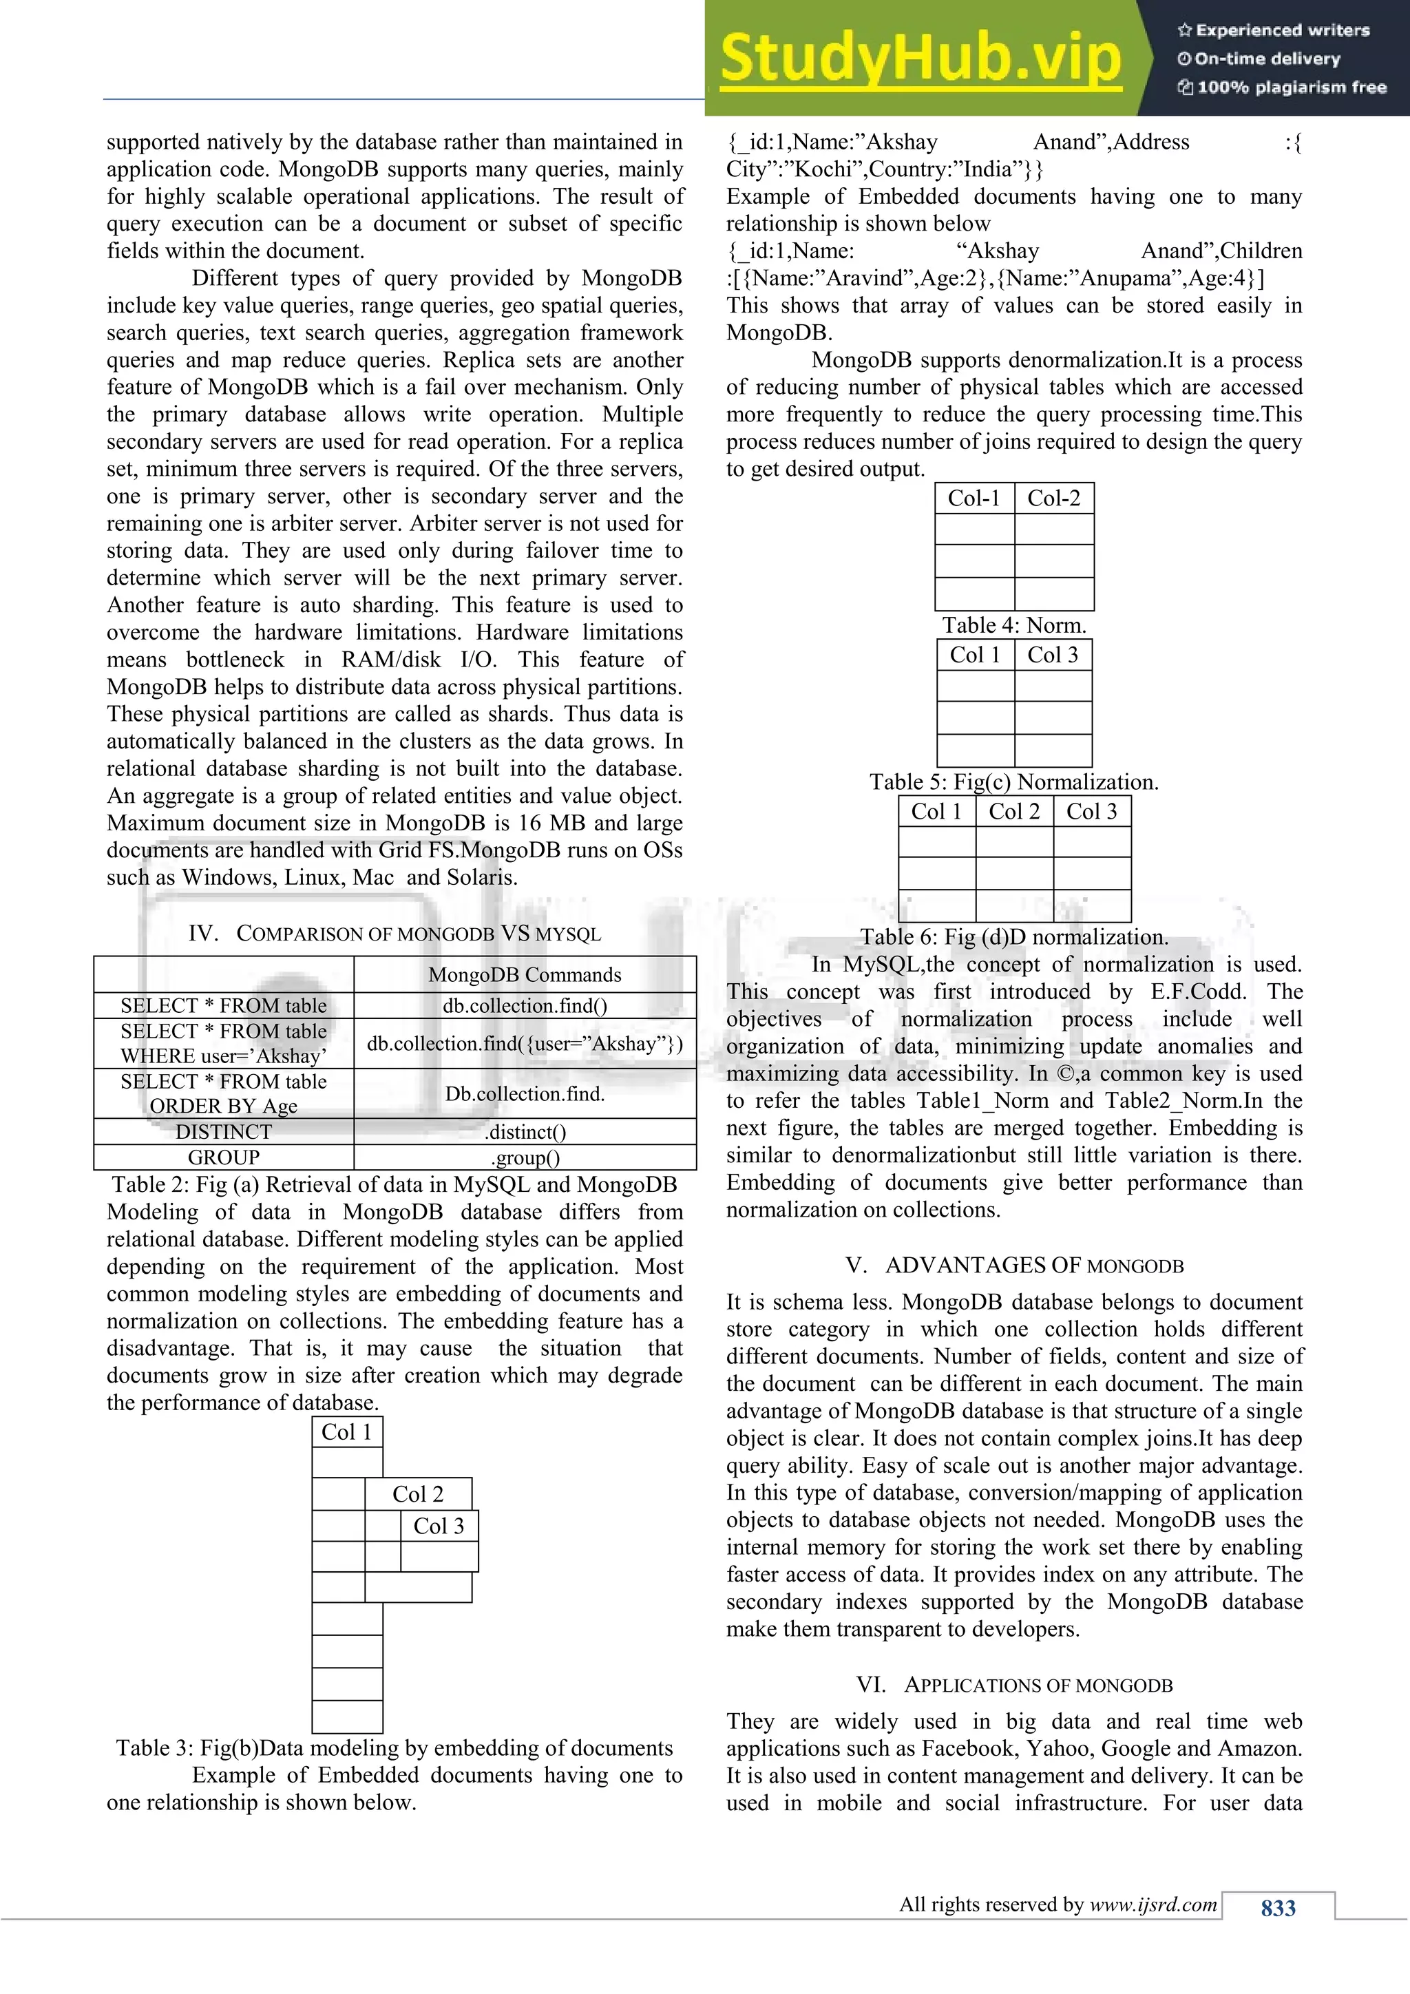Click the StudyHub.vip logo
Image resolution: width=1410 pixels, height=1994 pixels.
pyautogui.click(x=920, y=59)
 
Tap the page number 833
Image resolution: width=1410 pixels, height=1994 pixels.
pyautogui.click(x=1277, y=1907)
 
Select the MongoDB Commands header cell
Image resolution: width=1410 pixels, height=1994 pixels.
pyautogui.click(x=525, y=974)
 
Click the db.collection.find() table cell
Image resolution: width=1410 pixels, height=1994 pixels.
pyautogui.click(x=525, y=1006)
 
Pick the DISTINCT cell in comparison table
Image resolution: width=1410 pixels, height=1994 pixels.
pyautogui.click(x=223, y=1132)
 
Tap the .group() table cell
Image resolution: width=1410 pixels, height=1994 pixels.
pyautogui.click(x=525, y=1157)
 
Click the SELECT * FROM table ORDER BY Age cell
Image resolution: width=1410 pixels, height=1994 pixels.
pyautogui.click(x=223, y=1093)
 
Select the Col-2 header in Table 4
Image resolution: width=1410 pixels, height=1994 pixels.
pyautogui.click(x=1053, y=498)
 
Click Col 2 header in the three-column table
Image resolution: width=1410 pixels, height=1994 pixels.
pyautogui.click(x=1013, y=811)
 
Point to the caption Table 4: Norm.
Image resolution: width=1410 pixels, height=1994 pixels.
pyautogui.click(x=1014, y=625)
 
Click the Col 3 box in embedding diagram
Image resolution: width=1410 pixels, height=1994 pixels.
pyautogui.click(x=439, y=1526)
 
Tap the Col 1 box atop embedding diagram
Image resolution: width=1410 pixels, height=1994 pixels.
pyautogui.click(x=346, y=1432)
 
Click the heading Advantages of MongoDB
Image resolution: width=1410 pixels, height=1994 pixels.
pyautogui.click(x=1014, y=1266)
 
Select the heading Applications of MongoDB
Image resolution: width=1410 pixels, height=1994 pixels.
pyautogui.click(x=1014, y=1685)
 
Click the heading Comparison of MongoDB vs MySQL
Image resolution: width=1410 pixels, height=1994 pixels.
pyautogui.click(x=394, y=934)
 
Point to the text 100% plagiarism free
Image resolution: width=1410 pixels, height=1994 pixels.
pyautogui.click(x=1290, y=87)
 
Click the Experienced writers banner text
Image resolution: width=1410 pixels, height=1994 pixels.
pyautogui.click(x=1281, y=30)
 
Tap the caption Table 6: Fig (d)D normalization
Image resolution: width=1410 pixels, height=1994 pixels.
pyautogui.click(x=1014, y=937)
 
